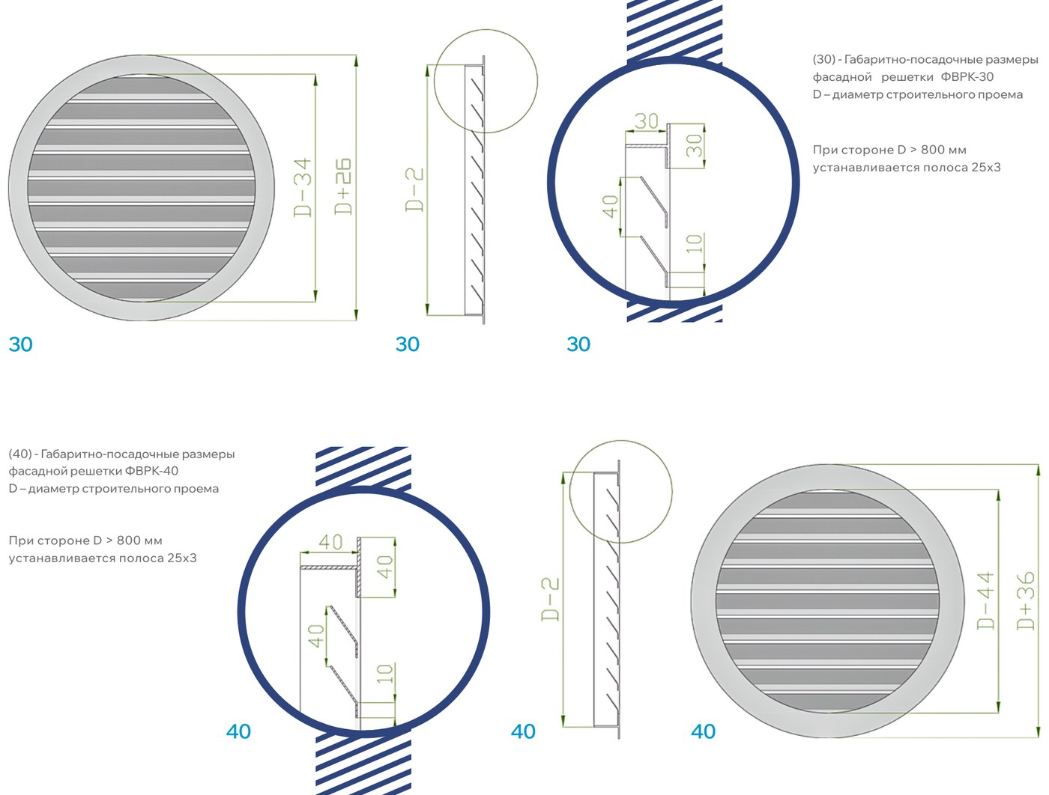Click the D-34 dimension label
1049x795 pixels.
click(x=303, y=188)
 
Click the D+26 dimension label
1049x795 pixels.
click(x=342, y=186)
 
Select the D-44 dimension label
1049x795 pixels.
click(x=985, y=601)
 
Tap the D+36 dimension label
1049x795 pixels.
click(x=1026, y=600)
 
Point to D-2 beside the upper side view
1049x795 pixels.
click(x=414, y=189)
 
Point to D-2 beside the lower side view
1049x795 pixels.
click(x=550, y=600)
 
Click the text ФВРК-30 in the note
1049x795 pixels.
click(x=967, y=77)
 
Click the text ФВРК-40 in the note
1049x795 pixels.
click(x=151, y=472)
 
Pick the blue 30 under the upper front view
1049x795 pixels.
click(x=21, y=344)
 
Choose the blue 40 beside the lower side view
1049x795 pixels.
click(x=523, y=731)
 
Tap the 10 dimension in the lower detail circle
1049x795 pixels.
click(x=384, y=673)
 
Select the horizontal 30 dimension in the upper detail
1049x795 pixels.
click(x=647, y=121)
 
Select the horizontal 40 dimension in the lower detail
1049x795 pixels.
click(x=330, y=542)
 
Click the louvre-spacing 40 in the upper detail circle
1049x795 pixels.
click(x=610, y=207)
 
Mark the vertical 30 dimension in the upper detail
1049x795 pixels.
click(x=695, y=145)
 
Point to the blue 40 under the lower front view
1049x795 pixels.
click(x=704, y=731)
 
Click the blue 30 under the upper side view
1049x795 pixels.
click(x=408, y=344)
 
